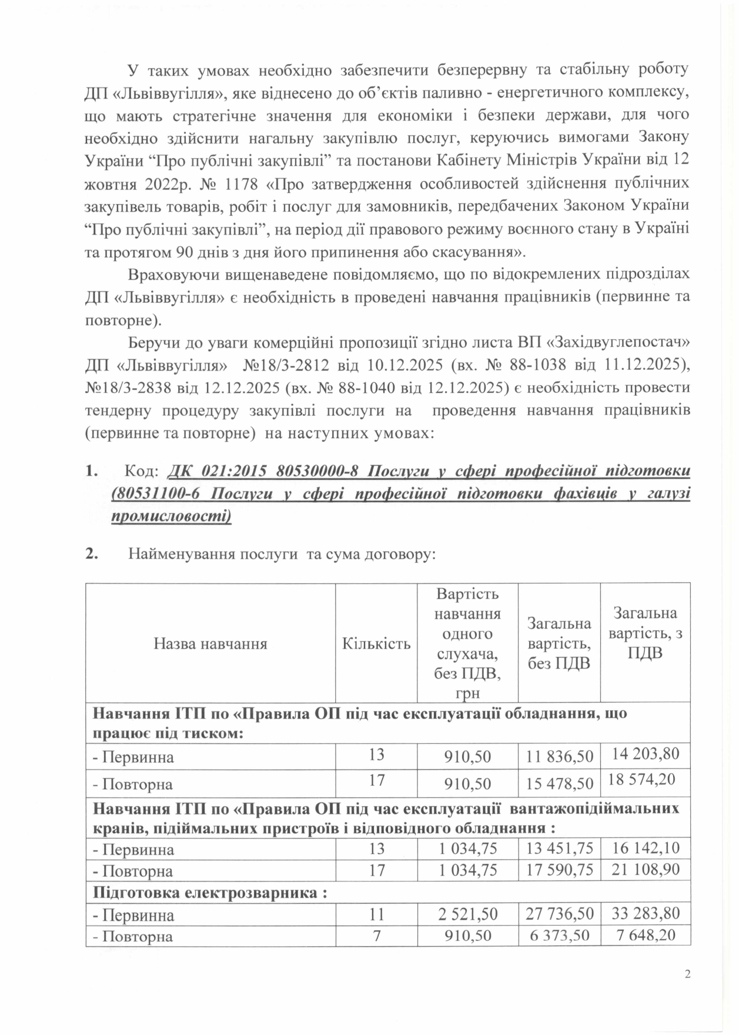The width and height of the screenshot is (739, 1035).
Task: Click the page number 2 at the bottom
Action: tap(687, 974)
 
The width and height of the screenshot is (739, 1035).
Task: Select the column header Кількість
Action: tap(376, 643)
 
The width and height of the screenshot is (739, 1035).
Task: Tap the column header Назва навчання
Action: tap(210, 643)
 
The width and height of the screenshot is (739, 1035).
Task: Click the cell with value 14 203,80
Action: tap(646, 753)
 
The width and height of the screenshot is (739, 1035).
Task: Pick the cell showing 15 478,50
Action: tap(559, 784)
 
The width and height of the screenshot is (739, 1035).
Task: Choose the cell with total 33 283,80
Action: tap(646, 913)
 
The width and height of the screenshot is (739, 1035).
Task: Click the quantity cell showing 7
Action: tap(376, 935)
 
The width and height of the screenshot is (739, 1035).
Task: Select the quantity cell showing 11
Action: tap(376, 914)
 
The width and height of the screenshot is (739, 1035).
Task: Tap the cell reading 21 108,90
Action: tap(646, 869)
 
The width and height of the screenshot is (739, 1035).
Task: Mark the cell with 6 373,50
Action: tap(559, 935)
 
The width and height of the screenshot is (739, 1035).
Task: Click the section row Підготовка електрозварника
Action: tap(210, 892)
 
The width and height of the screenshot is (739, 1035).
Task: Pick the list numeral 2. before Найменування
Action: tap(91, 554)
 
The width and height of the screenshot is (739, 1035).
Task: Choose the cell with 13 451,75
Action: tap(559, 848)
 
